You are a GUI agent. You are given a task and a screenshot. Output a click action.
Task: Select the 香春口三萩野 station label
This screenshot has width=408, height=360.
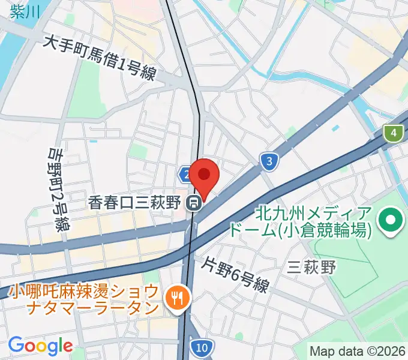pyautogui.click(x=134, y=203)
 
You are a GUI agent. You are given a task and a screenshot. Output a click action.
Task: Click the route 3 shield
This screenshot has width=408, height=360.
pyautogui.click(x=270, y=160)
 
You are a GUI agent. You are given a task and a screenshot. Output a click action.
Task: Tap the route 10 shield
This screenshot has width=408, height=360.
pyautogui.click(x=202, y=346)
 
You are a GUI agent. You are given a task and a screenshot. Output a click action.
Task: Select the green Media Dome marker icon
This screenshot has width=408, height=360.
pyautogui.click(x=391, y=220)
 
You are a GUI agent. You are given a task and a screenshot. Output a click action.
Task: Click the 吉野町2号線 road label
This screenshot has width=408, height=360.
pyautogui.click(x=58, y=190)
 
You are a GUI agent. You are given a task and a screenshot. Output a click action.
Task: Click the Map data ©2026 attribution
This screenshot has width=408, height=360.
pyautogui.click(x=358, y=350)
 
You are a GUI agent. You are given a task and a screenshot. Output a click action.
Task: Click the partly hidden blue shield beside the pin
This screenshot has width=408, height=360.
pyautogui.click(x=185, y=174)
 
